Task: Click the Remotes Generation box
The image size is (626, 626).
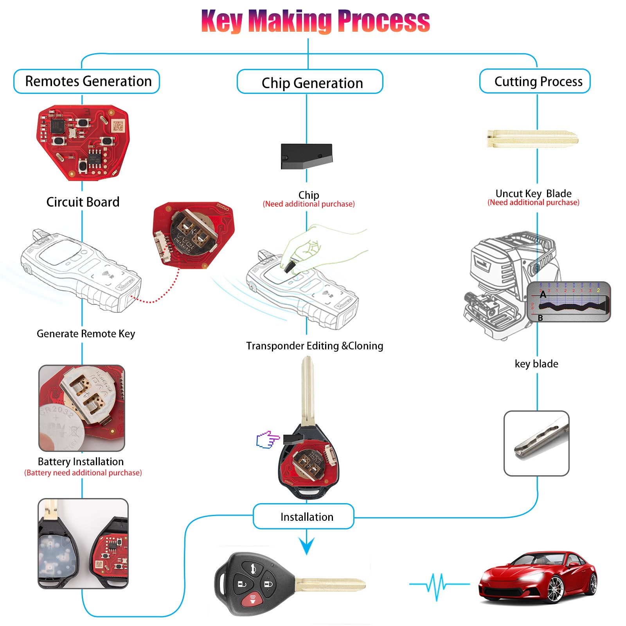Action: pos(87,81)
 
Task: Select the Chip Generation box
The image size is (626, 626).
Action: pos(310,82)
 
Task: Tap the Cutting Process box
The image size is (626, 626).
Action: pos(535,81)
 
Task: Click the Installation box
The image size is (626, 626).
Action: pos(304,516)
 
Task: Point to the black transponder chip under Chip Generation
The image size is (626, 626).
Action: pos(306,156)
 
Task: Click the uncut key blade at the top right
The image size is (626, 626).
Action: pos(532,139)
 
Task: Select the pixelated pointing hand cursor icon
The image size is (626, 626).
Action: pos(268,440)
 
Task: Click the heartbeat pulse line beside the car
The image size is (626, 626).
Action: pos(439,585)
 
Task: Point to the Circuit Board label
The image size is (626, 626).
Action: pos(83,202)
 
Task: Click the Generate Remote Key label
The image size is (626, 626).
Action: pos(86,334)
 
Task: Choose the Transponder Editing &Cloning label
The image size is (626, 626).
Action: pos(315,346)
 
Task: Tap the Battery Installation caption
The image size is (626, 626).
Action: pos(81,462)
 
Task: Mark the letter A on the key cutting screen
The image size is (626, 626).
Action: pos(543,295)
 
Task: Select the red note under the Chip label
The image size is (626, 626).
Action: pos(309,204)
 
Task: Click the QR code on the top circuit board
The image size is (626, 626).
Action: pos(118,126)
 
